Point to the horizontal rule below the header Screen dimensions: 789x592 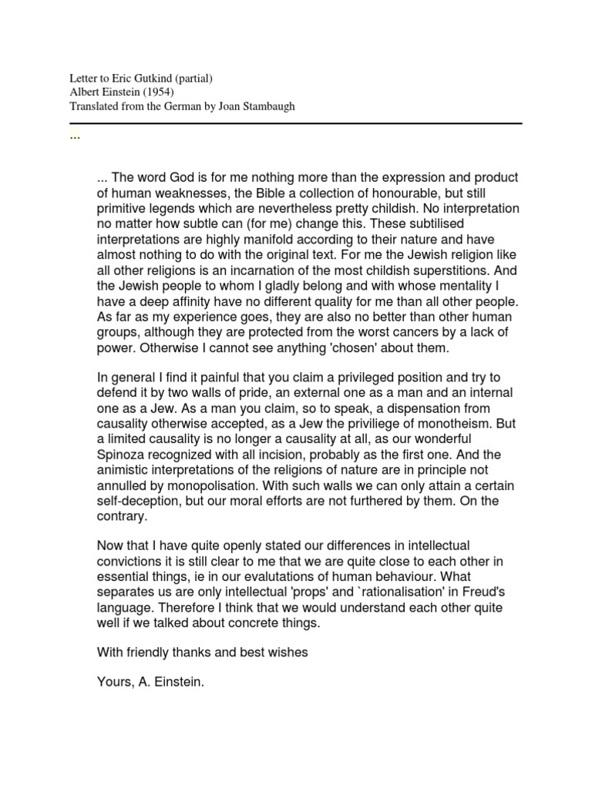tap(296, 123)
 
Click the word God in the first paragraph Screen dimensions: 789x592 tap(189, 178)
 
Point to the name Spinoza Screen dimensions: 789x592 tap(125, 455)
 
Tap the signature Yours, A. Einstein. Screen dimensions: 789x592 tap(150, 683)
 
